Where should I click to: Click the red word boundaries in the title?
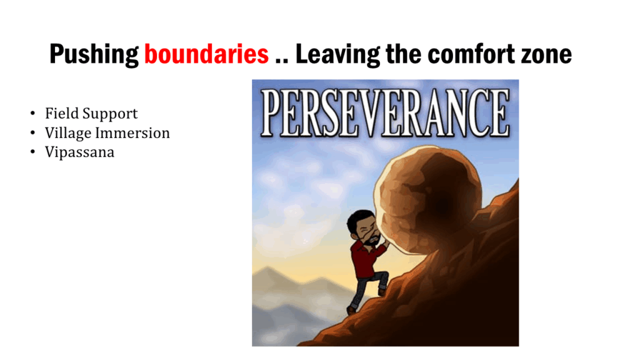click(206, 54)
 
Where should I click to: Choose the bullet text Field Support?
click(91, 114)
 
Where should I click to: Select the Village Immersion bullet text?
click(107, 133)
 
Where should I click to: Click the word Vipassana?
click(79, 152)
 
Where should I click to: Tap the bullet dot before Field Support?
click(32, 114)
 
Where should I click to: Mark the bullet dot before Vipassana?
click(32, 152)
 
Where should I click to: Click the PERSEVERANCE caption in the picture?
click(385, 113)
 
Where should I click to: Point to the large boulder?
click(429, 200)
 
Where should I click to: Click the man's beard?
click(372, 240)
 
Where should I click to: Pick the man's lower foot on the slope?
click(351, 310)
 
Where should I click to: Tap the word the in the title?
click(404, 54)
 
